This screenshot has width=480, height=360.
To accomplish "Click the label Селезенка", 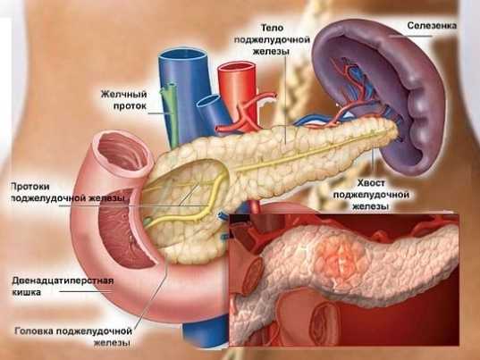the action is pyautogui.click(x=432, y=26).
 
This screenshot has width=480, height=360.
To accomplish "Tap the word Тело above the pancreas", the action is pyautogui.click(x=272, y=29).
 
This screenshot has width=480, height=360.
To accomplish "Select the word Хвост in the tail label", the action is pyautogui.click(x=371, y=183).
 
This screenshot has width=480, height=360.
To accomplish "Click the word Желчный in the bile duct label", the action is pyautogui.click(x=124, y=94).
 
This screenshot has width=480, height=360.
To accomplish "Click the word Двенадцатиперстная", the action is pyautogui.click(x=63, y=280).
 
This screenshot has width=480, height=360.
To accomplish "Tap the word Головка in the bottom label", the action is pyautogui.click(x=34, y=331).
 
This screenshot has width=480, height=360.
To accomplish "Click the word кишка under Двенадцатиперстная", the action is pyautogui.click(x=26, y=292).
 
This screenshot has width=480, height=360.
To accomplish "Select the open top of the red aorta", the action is pyautogui.click(x=236, y=68).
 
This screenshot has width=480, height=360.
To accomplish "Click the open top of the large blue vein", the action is pyautogui.click(x=181, y=55).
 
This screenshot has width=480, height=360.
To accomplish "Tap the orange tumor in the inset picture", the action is pyautogui.click(x=340, y=260).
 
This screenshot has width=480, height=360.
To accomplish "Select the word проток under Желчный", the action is pyautogui.click(x=130, y=106).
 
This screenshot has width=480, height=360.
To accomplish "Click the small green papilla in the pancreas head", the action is pyautogui.click(x=147, y=221).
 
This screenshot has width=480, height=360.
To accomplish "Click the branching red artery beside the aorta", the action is pyautogui.click(x=247, y=113).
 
